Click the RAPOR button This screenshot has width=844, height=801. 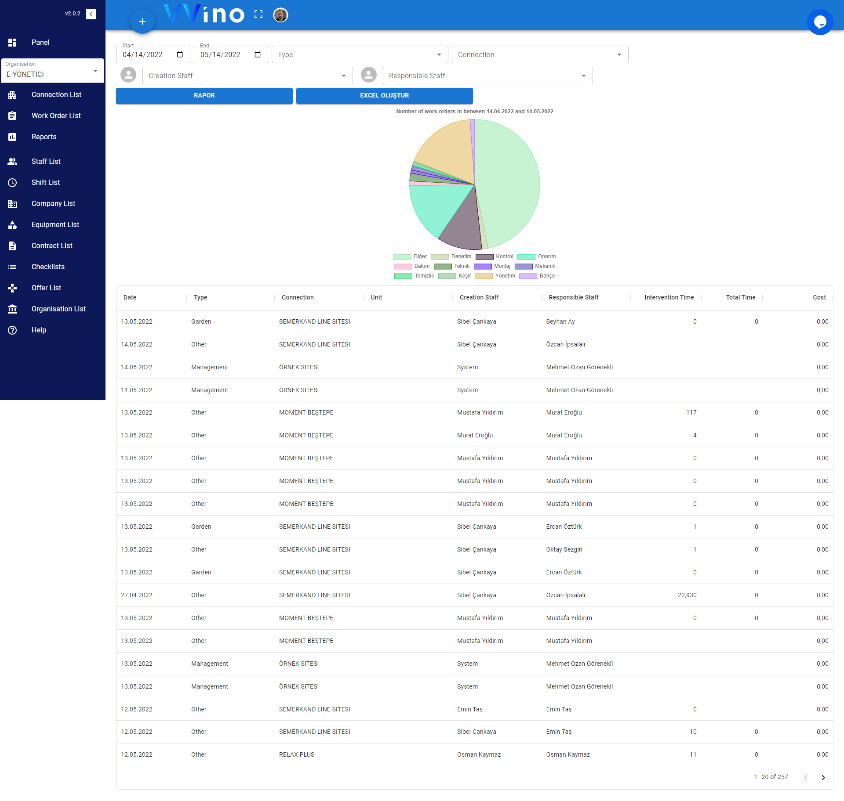coord(204,96)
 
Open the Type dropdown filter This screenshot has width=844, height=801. coord(359,55)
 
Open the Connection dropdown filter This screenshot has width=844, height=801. coord(539,55)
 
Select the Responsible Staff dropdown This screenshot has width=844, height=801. coord(487,76)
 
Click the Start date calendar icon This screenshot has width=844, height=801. coord(180,55)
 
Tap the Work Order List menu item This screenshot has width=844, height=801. coord(56,116)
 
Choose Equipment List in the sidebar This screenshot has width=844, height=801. coord(55,225)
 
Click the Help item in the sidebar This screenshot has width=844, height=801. coord(39,330)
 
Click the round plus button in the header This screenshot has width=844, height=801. coord(142,22)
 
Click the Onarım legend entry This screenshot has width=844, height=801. coord(537,257)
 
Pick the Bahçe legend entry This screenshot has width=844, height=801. coord(537,276)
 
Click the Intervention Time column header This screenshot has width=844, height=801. coord(669,298)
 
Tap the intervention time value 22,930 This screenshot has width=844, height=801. coord(687,595)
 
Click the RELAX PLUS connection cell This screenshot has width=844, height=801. coord(297,755)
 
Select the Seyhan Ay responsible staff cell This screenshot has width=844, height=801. coord(560,322)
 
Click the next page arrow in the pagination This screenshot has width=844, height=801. coord(823,778)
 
